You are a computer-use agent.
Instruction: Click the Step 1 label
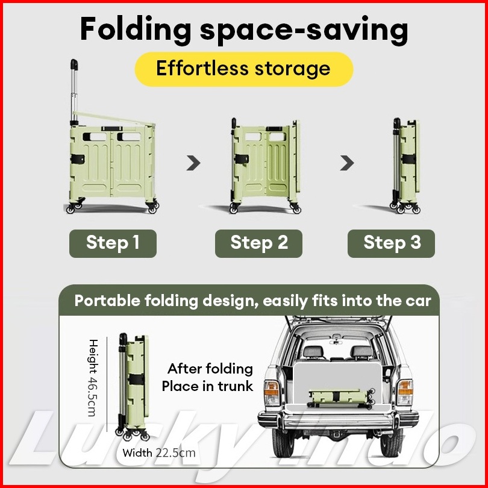(x=113, y=243)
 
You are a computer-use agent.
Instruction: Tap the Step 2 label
(x=258, y=243)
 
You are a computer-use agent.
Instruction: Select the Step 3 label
(x=391, y=243)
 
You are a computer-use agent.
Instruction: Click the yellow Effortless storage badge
(x=244, y=69)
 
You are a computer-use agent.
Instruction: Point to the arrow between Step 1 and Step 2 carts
(x=193, y=163)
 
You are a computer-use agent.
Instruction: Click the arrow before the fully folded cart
(x=347, y=163)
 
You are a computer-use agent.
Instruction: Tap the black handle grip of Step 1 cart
(x=74, y=64)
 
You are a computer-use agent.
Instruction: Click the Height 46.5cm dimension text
(x=93, y=378)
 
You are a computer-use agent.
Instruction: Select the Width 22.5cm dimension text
(x=159, y=453)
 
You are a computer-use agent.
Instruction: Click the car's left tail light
(x=272, y=392)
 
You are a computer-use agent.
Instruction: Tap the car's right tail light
(x=405, y=392)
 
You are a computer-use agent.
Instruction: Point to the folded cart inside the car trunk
(x=341, y=398)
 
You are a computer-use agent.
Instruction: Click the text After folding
(x=210, y=369)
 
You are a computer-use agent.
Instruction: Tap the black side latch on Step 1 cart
(x=78, y=159)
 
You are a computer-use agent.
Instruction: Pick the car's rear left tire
(x=283, y=443)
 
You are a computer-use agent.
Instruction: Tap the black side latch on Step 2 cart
(x=242, y=159)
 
